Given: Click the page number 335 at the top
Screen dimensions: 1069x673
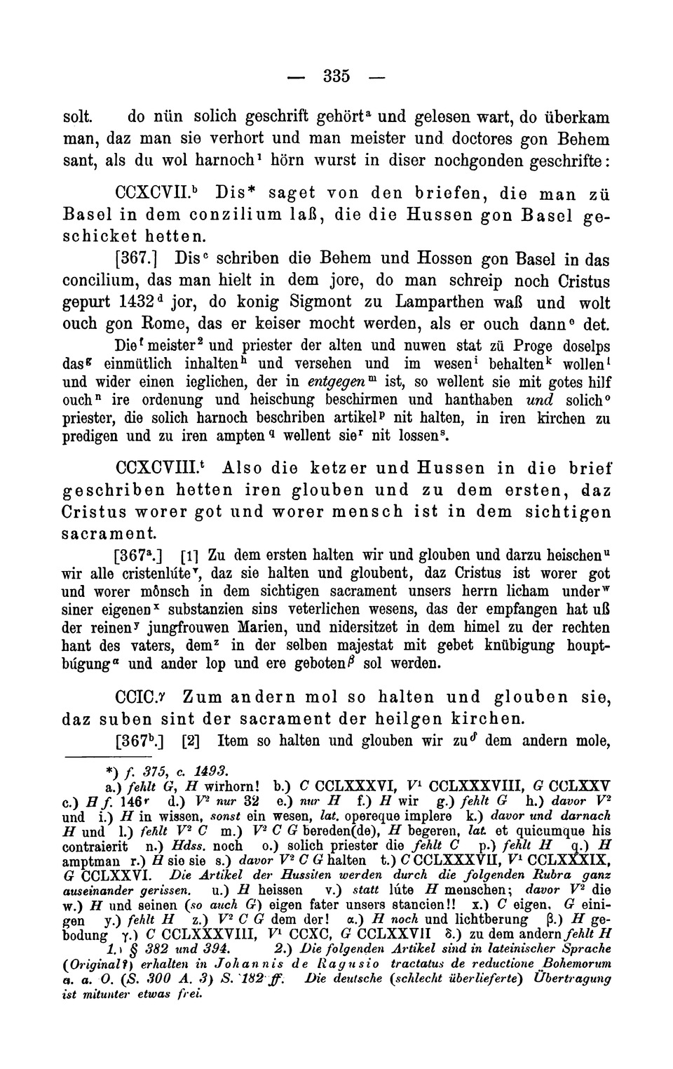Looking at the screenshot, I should tap(336, 75).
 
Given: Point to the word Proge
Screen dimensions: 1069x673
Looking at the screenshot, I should tap(532, 347).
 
